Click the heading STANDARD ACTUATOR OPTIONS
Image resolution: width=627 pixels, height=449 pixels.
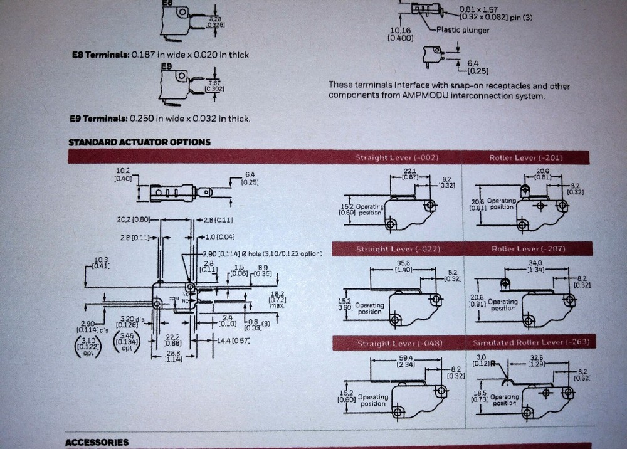[x=139, y=142]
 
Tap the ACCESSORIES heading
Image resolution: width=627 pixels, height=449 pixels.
[x=97, y=442]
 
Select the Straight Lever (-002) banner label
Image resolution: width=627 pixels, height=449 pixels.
[x=396, y=157]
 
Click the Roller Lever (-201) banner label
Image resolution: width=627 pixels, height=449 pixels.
[x=525, y=157]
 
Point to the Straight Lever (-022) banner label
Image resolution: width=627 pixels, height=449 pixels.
[x=399, y=249]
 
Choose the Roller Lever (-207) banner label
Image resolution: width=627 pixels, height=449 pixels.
[x=529, y=249]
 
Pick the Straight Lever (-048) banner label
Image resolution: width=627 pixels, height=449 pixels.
[x=399, y=343]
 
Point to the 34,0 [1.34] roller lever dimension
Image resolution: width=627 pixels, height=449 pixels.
[x=535, y=266]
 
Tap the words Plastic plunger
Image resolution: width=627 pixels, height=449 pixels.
[x=463, y=30]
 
